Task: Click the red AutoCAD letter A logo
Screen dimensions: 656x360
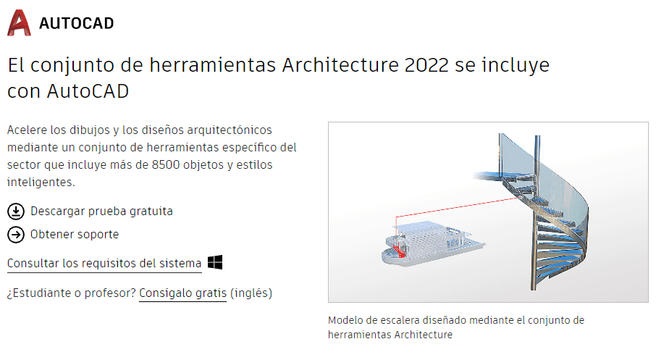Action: (x=19, y=23)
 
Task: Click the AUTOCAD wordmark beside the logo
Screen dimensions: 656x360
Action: (x=77, y=23)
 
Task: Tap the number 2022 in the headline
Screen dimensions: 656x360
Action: (x=426, y=65)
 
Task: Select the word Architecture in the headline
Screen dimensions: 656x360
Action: (x=340, y=65)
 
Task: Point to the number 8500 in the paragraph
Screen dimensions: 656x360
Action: (x=166, y=165)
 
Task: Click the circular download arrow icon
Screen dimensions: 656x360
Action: (x=16, y=212)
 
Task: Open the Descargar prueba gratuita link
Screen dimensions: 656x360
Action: (x=101, y=211)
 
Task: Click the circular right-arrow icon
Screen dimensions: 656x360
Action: (x=16, y=235)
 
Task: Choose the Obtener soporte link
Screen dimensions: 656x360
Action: (x=75, y=235)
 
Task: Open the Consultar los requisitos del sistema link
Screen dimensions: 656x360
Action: (x=104, y=264)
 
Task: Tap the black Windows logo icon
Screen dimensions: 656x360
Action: (x=215, y=262)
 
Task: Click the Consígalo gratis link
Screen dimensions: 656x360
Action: (x=183, y=293)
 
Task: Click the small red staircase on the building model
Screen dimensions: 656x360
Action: (x=400, y=251)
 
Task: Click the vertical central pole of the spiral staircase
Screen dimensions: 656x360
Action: (x=535, y=213)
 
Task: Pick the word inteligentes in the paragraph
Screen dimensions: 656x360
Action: (x=41, y=183)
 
